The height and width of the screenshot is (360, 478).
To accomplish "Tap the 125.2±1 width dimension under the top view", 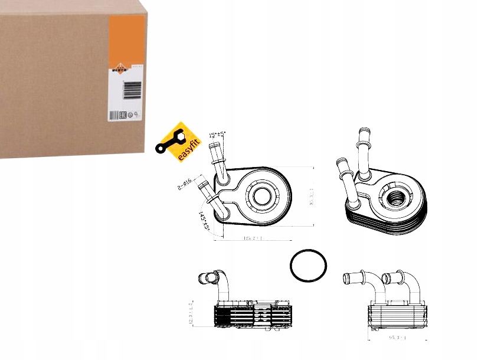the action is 253,238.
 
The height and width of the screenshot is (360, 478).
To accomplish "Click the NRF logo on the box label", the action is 117,73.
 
